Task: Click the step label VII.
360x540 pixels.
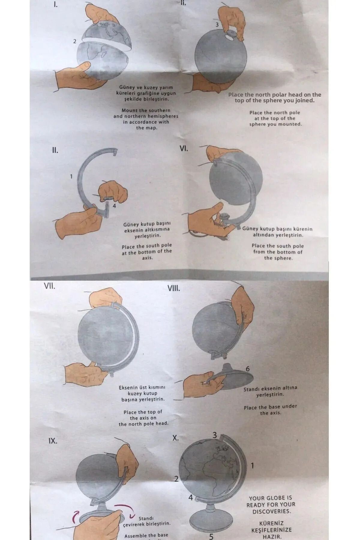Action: pos(49,286)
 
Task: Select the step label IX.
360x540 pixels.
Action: pos(52,441)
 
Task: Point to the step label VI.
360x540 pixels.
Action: pos(184,148)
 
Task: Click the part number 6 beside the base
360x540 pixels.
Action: pos(247,369)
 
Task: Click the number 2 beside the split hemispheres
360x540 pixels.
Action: pos(75,41)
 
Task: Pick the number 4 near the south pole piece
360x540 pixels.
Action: pos(114,206)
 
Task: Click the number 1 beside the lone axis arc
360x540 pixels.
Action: pos(71,176)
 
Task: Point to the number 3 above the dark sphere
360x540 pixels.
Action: pos(217,25)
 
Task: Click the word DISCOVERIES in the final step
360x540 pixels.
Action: pos(271,511)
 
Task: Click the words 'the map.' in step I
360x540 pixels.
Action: pos(146,128)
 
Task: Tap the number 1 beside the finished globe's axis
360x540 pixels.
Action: pos(252,466)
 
